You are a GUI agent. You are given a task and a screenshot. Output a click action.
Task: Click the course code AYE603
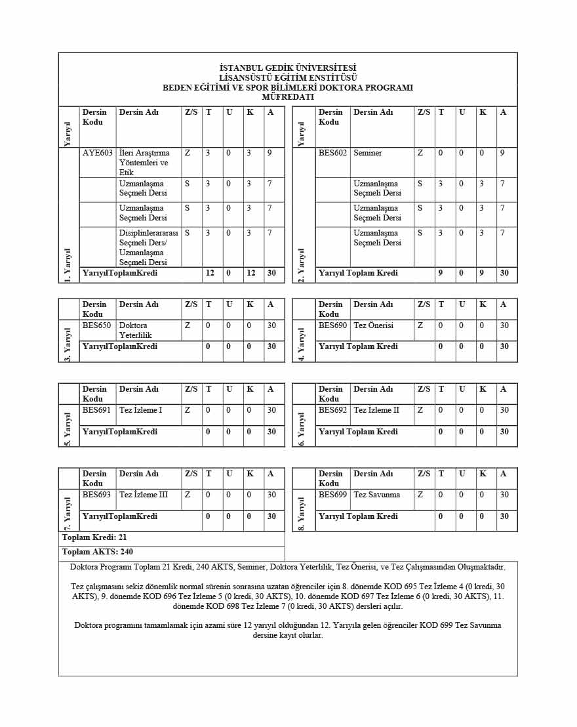pyautogui.click(x=98, y=153)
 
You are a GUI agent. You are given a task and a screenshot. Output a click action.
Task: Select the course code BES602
pyautogui.click(x=332, y=153)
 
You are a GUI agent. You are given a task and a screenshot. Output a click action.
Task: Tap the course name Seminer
pyautogui.click(x=368, y=153)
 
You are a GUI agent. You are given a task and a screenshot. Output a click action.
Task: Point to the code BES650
pyautogui.click(x=96, y=325)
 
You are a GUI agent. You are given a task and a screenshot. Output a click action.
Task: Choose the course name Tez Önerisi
pyautogui.click(x=374, y=325)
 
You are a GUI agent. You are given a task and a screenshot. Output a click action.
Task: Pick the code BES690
pyautogui.click(x=332, y=325)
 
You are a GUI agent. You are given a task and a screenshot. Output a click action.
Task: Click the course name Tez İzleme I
pyautogui.click(x=141, y=410)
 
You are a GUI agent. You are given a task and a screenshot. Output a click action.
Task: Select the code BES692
pyautogui.click(x=332, y=410)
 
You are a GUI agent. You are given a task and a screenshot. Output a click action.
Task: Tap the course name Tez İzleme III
pyautogui.click(x=144, y=495)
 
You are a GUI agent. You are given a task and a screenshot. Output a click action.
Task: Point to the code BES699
pyautogui.click(x=332, y=495)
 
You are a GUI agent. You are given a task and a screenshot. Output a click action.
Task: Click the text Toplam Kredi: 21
pyautogui.click(x=94, y=537)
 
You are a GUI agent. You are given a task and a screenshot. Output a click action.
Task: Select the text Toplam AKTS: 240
pyautogui.click(x=97, y=552)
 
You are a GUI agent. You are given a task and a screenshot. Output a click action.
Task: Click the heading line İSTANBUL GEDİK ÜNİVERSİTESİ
pyautogui.click(x=288, y=68)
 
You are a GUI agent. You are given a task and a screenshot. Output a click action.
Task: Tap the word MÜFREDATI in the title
pyautogui.click(x=288, y=97)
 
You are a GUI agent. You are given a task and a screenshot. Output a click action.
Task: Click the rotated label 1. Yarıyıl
pyautogui.click(x=68, y=265)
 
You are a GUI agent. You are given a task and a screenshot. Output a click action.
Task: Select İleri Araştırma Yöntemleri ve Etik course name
pyautogui.click(x=144, y=163)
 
